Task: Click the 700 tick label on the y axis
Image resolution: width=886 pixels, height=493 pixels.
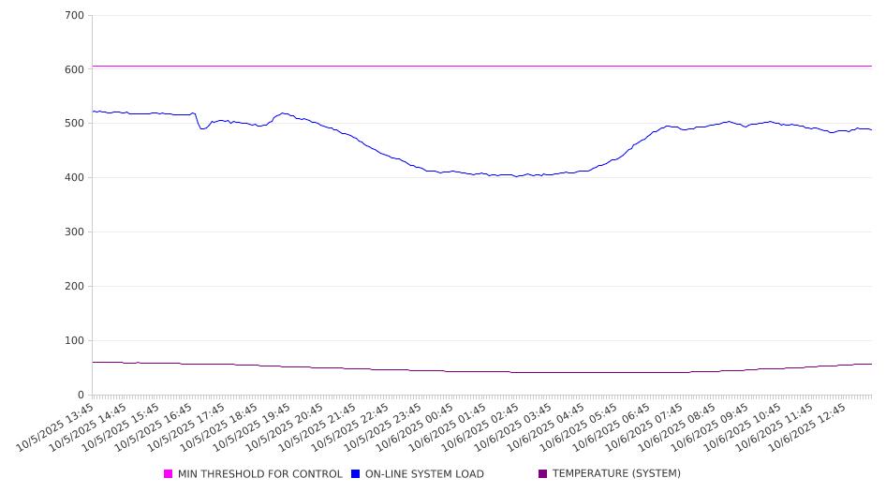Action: pyautogui.click(x=75, y=16)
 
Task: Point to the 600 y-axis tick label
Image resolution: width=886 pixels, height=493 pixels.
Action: pyautogui.click(x=75, y=69)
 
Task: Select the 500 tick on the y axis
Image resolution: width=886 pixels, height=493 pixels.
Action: pyautogui.click(x=75, y=124)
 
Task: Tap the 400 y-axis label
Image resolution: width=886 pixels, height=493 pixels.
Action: pyautogui.click(x=75, y=178)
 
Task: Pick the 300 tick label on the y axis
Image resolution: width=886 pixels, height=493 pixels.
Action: pyautogui.click(x=75, y=232)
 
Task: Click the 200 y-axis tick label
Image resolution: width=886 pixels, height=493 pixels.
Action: pyautogui.click(x=75, y=287)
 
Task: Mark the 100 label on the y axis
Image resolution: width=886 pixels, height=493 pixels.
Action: pyautogui.click(x=75, y=341)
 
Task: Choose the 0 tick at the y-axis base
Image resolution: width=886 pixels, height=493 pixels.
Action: pyautogui.click(x=81, y=395)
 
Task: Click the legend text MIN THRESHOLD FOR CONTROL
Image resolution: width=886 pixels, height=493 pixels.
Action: pyautogui.click(x=259, y=474)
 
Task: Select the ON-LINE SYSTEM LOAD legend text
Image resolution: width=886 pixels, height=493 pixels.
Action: pyautogui.click(x=424, y=474)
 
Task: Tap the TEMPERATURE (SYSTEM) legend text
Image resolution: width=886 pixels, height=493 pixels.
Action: pyautogui.click(x=616, y=474)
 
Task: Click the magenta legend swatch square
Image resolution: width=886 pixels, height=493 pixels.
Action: pyautogui.click(x=169, y=474)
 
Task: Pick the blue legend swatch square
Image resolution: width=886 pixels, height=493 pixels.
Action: pyautogui.click(x=356, y=474)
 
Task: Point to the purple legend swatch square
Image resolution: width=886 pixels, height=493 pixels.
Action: pyautogui.click(x=543, y=474)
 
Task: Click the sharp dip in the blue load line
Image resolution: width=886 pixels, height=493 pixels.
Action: pyautogui.click(x=202, y=128)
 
